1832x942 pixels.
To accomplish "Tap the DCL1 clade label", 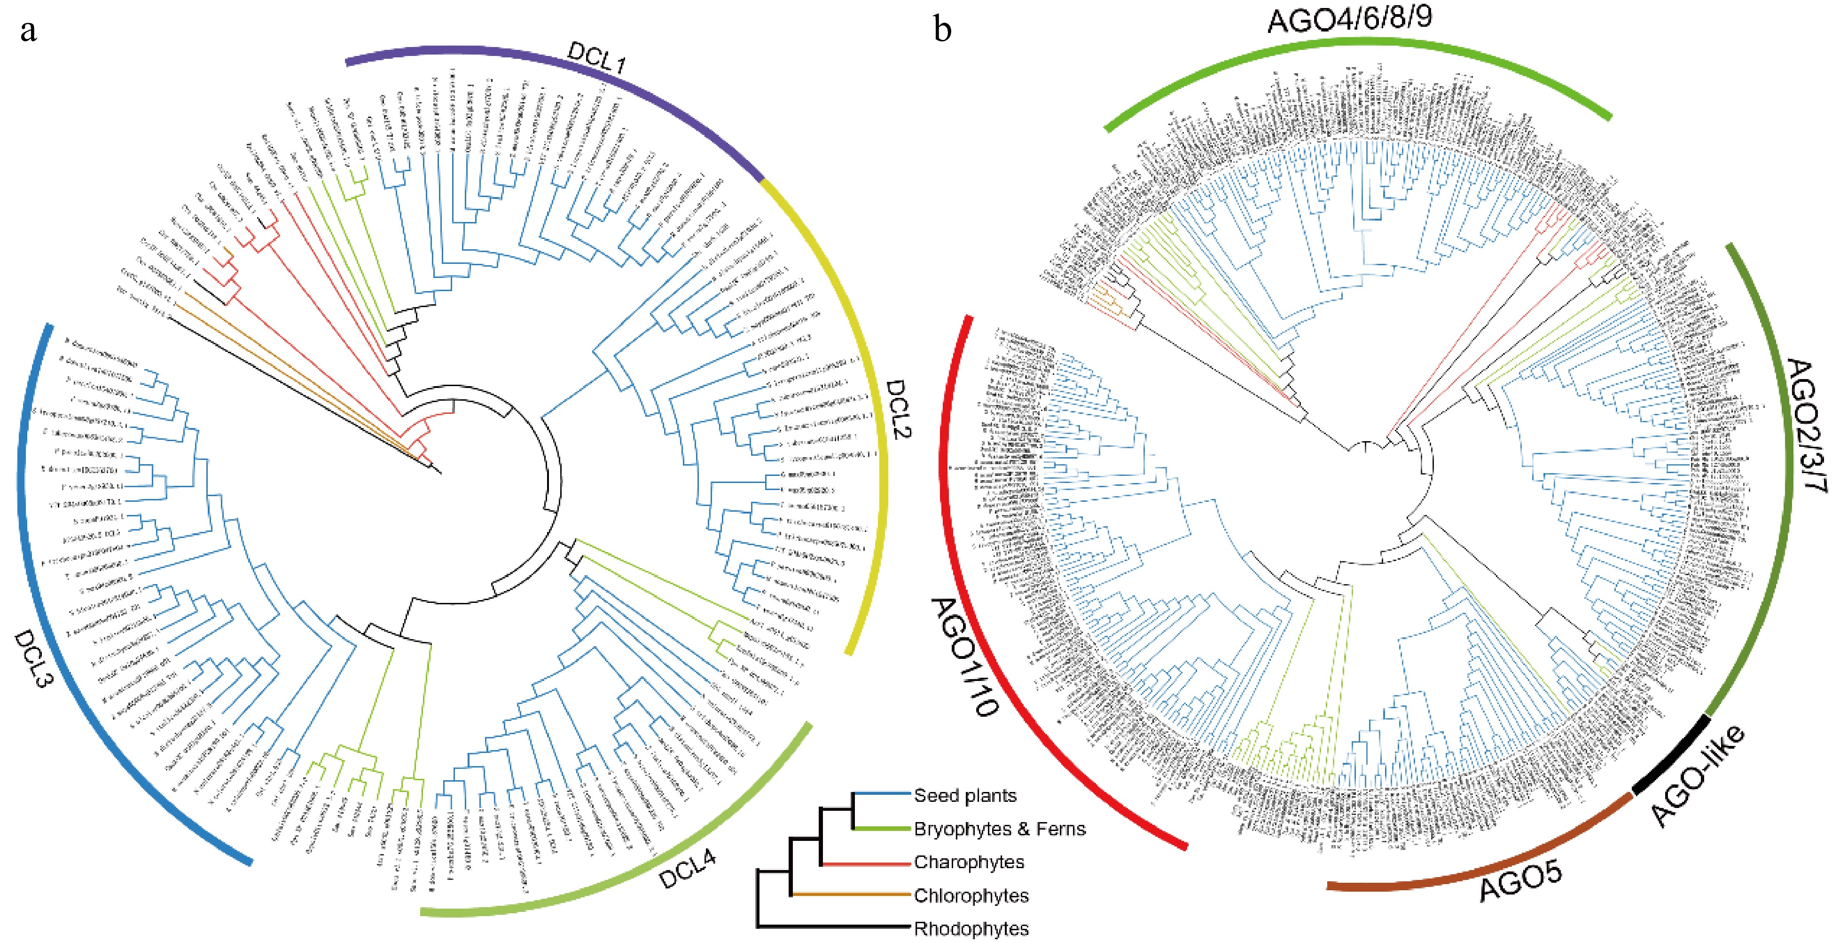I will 596,57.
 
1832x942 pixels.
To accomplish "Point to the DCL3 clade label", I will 33,658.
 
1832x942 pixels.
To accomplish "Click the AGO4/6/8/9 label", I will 1349,18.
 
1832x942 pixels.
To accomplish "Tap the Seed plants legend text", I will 964,795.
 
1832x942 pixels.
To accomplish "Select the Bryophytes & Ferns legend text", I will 999,829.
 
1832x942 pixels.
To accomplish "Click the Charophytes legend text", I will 969,863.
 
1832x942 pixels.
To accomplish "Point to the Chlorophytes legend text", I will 971,896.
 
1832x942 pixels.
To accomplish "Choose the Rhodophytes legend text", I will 971,928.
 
